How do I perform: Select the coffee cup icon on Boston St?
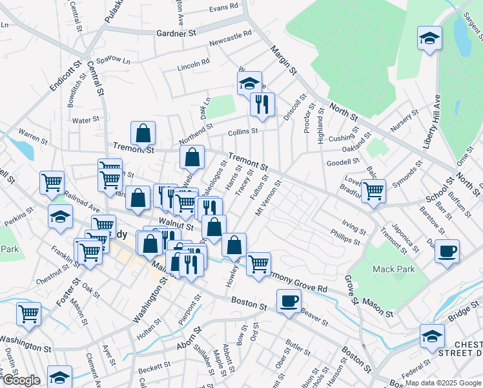click(289, 301)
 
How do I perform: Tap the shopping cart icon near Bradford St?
click(373, 191)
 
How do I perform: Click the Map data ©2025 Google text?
click(442, 383)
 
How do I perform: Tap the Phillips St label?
click(345, 236)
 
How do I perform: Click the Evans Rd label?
click(223, 9)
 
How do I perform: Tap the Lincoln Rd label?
click(194, 65)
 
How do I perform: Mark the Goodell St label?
click(342, 163)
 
